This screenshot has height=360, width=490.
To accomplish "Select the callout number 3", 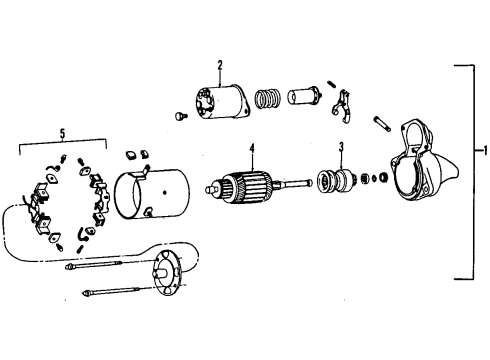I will point(341,148).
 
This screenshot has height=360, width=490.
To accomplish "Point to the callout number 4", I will point(253,150).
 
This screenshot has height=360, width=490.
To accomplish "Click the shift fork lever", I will point(344,102).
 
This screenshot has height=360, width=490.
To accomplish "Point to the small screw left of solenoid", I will point(179,117).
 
